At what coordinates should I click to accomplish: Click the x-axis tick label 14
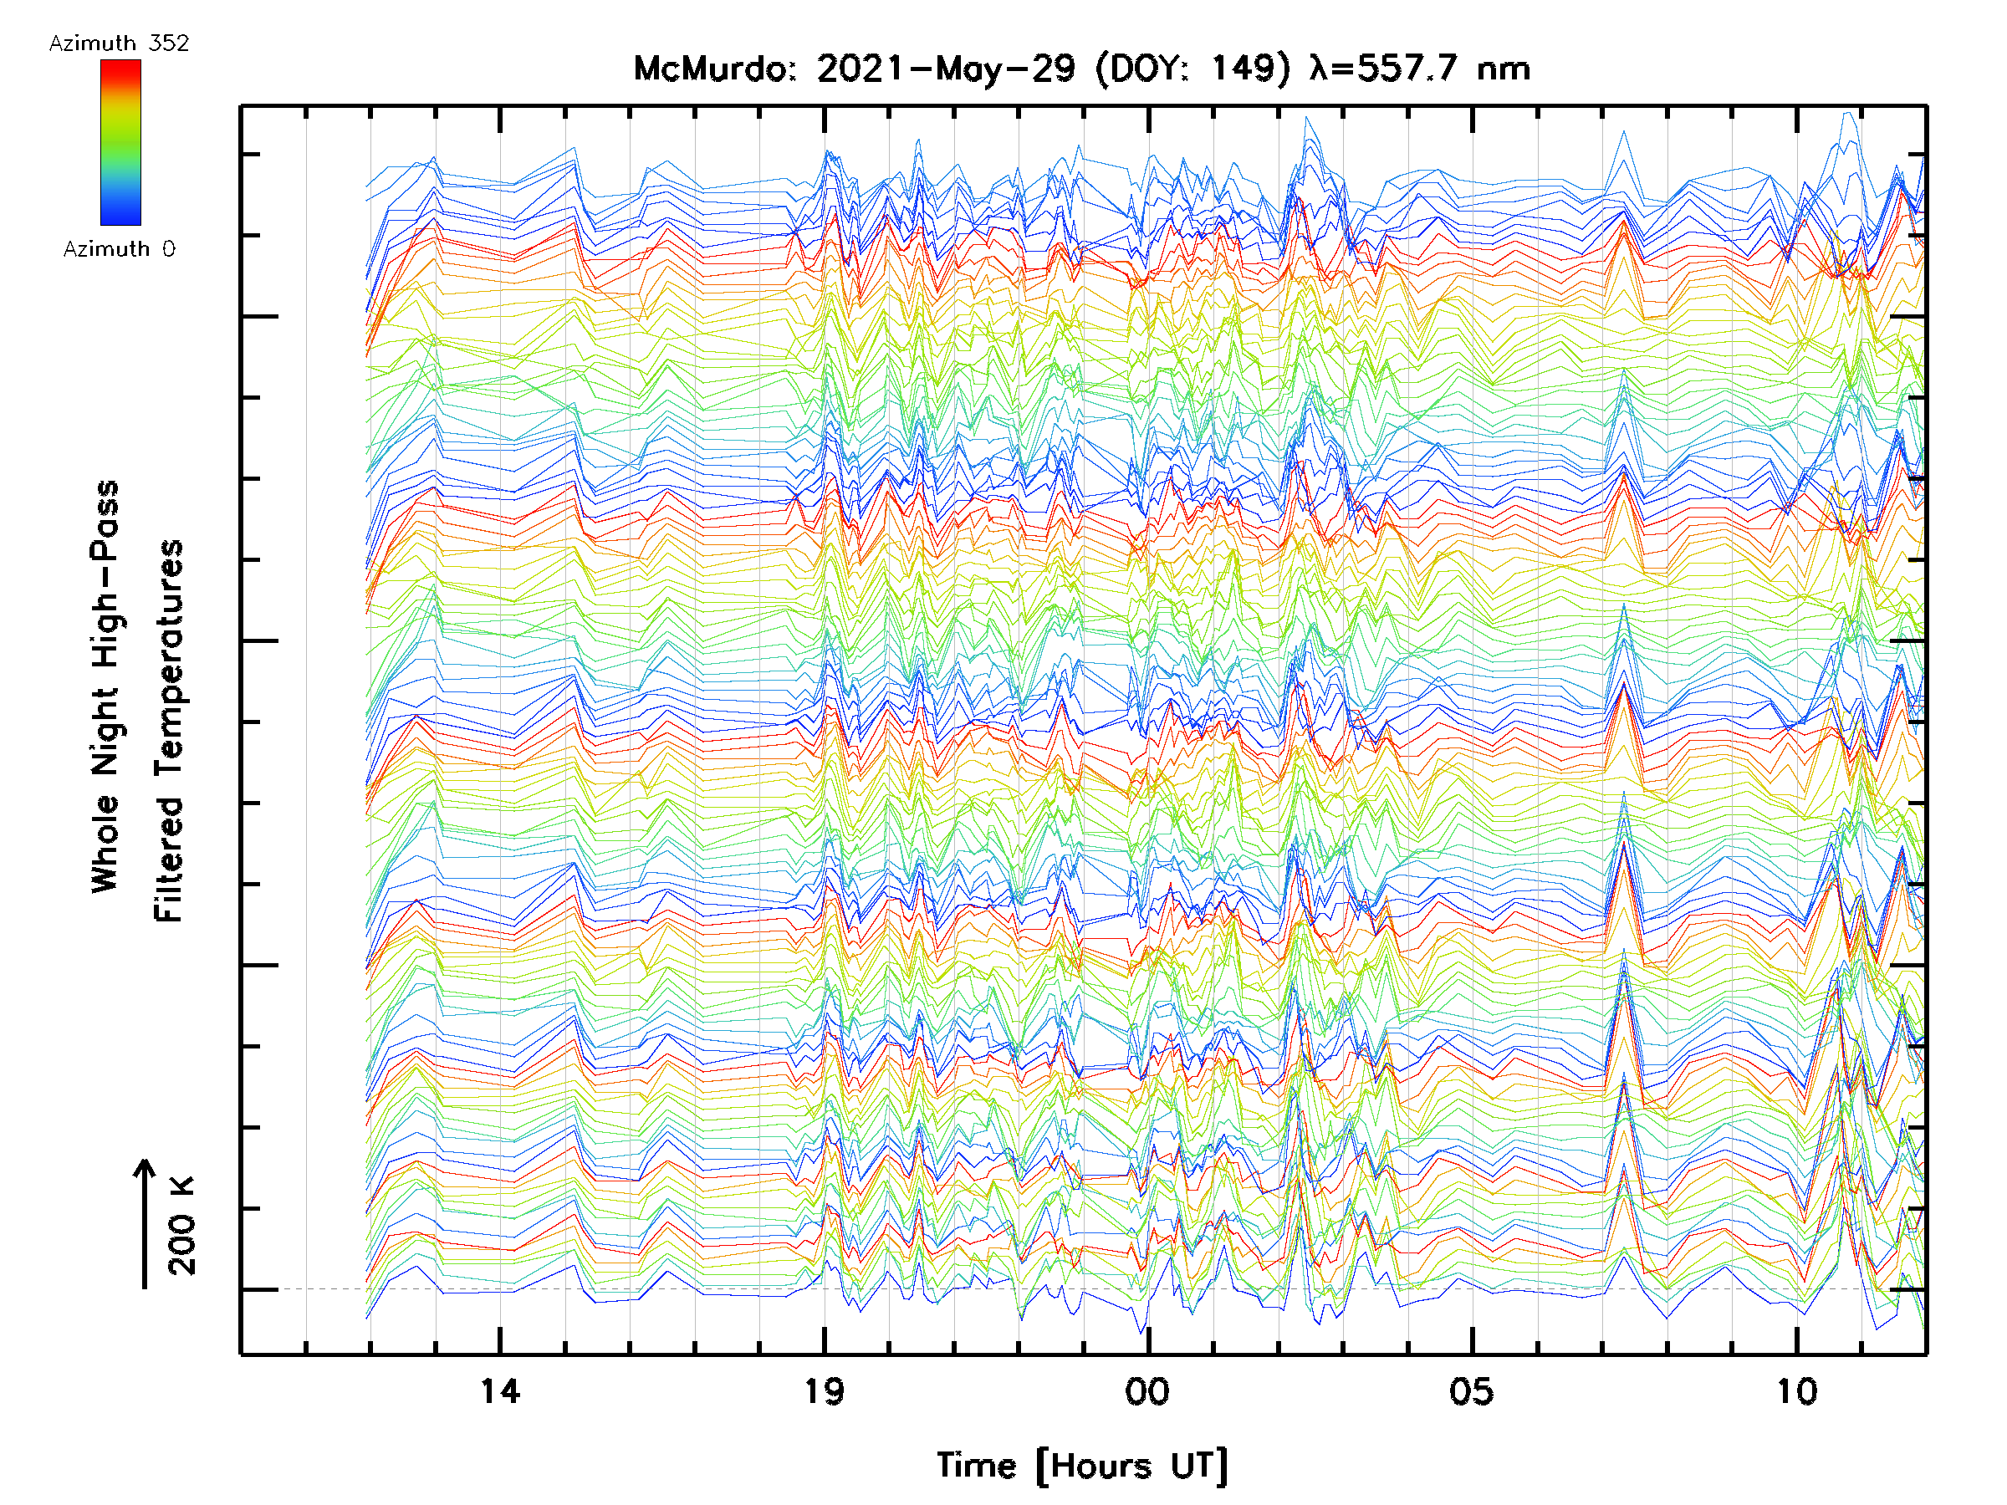point(500,1390)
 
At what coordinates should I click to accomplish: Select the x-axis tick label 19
point(824,1390)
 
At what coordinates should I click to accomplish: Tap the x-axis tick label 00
point(1148,1390)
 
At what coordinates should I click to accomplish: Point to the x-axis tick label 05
point(1471,1390)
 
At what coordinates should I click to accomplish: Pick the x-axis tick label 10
point(1795,1390)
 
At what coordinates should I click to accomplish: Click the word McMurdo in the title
point(713,69)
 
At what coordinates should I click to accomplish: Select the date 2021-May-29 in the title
point(947,69)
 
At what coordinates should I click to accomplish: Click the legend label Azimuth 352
point(119,43)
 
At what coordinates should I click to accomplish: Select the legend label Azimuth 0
point(119,248)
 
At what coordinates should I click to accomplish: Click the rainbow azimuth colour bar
point(120,142)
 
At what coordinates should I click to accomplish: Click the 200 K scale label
point(182,1226)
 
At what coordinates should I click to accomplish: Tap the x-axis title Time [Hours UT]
point(1082,1466)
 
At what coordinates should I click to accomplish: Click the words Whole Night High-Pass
point(105,686)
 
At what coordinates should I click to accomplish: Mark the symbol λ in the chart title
point(1321,69)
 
